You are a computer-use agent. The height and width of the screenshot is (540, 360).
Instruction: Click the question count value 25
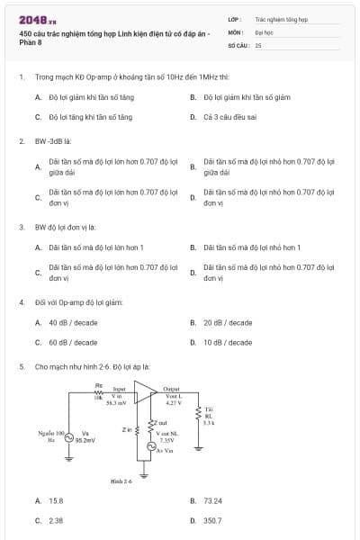(x=258, y=44)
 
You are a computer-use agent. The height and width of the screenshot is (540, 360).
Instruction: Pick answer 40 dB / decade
(x=73, y=322)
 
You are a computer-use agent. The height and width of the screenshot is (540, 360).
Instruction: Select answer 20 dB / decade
(x=228, y=322)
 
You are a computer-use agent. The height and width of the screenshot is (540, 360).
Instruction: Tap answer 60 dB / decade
(x=73, y=342)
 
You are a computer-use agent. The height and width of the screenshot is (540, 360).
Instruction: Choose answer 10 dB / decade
(x=228, y=342)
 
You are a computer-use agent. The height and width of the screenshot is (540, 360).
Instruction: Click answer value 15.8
(x=56, y=500)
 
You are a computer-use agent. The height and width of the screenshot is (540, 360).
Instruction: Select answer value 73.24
(x=212, y=500)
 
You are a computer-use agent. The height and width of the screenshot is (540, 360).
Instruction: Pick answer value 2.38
(x=56, y=520)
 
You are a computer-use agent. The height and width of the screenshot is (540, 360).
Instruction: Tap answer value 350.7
(x=212, y=520)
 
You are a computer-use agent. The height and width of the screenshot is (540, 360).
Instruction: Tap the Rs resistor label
(x=100, y=385)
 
